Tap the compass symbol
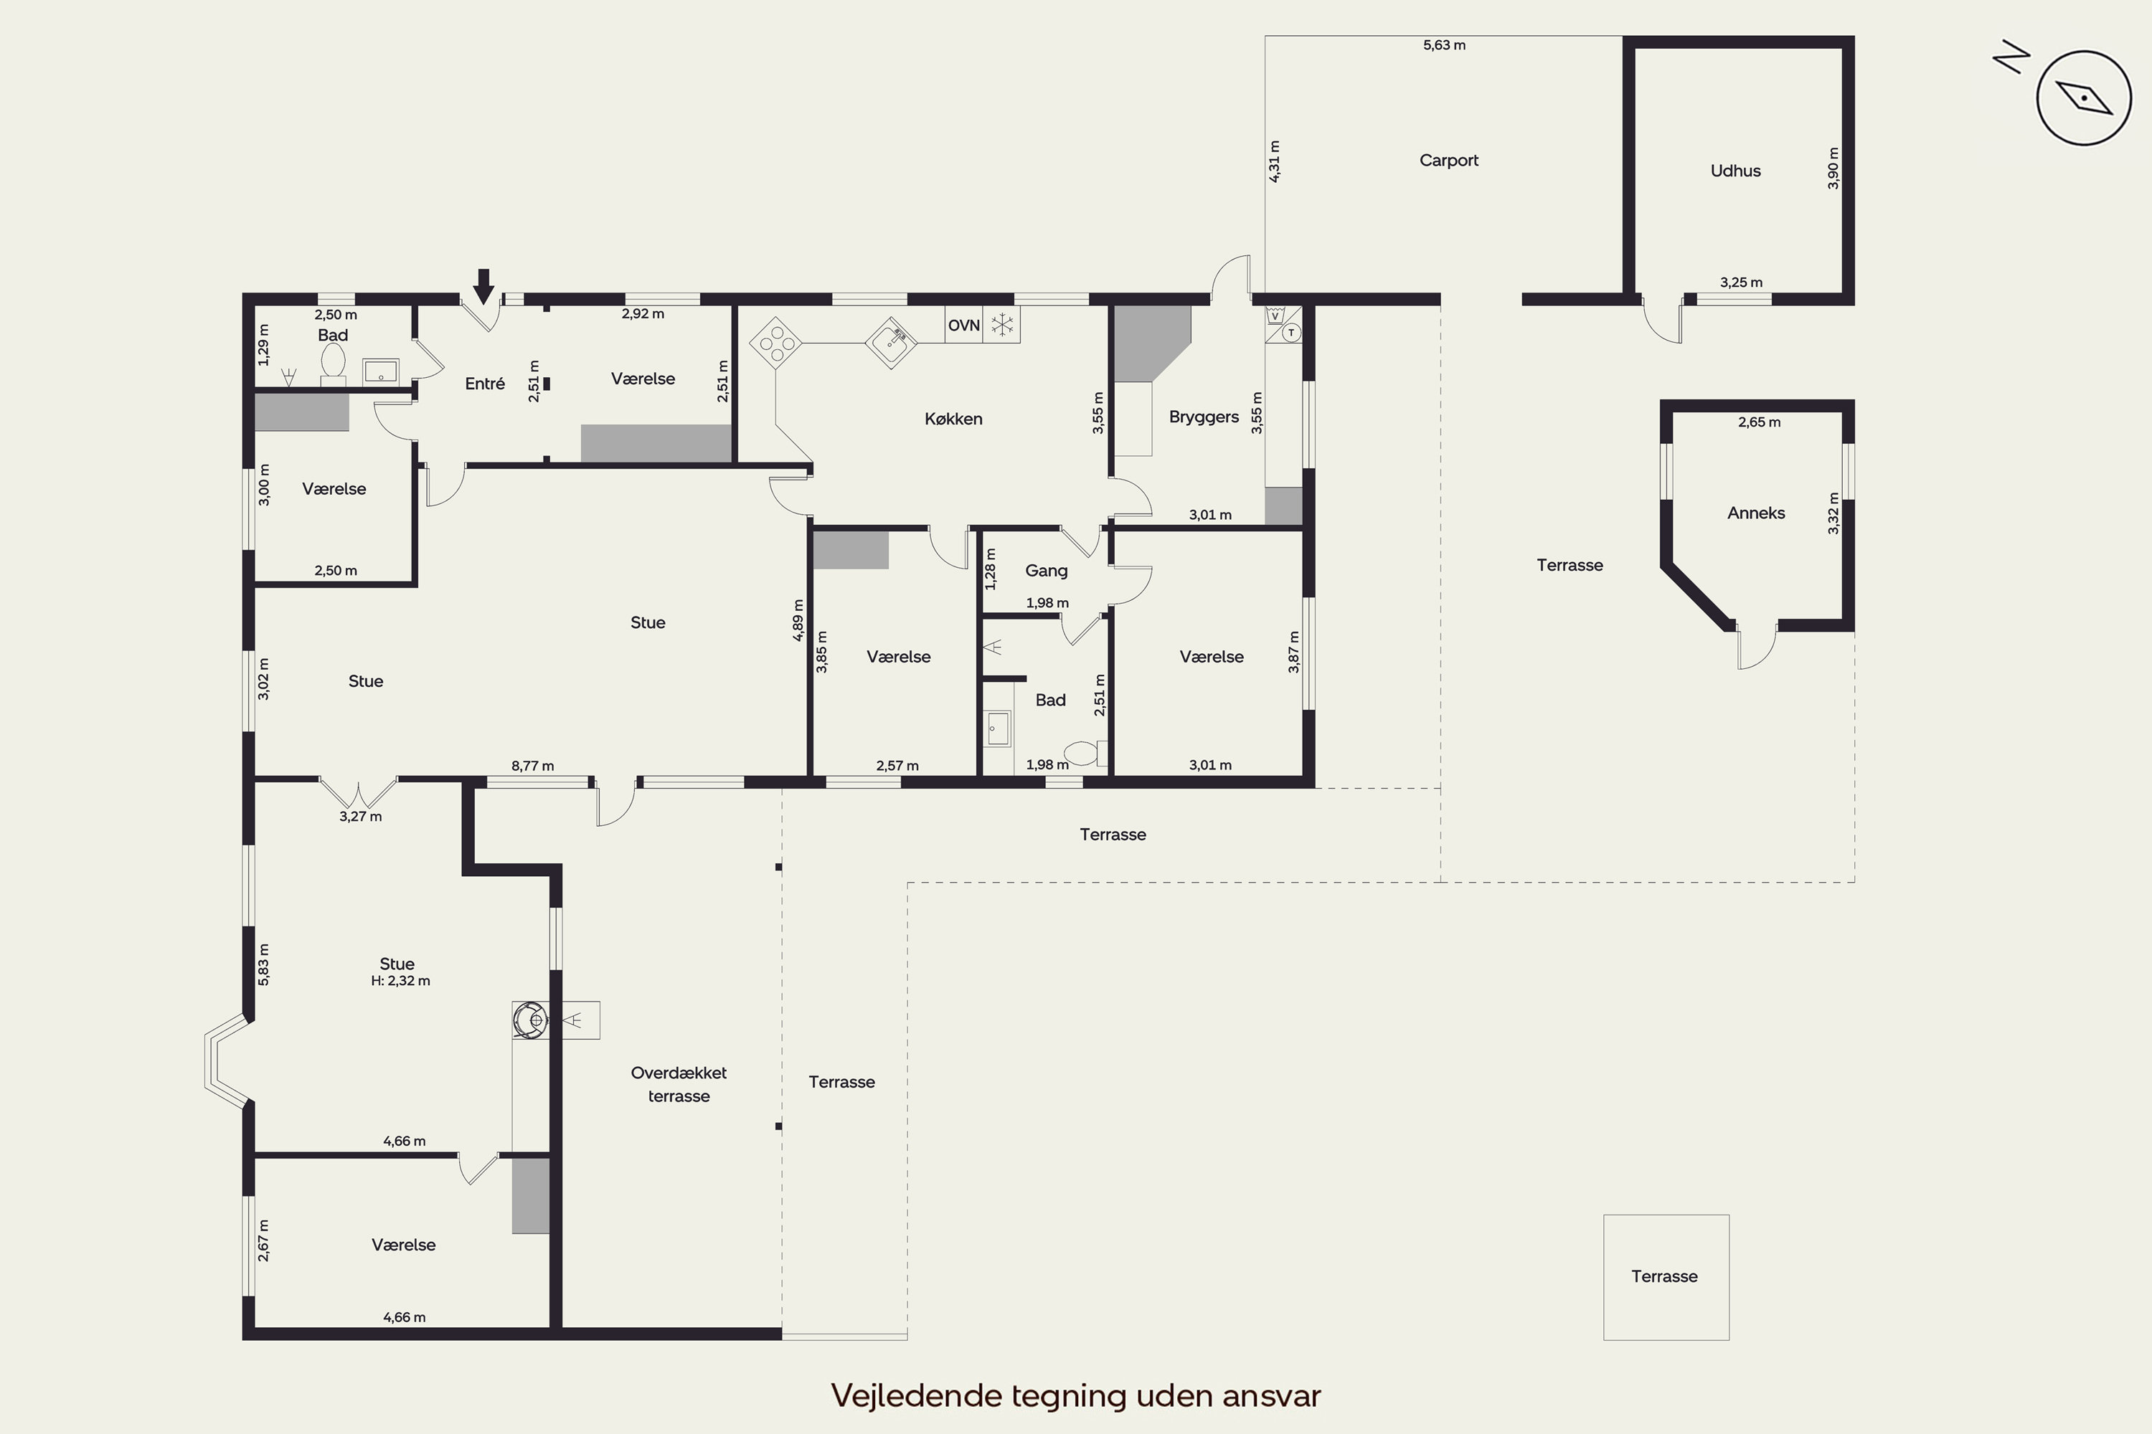click(x=2083, y=97)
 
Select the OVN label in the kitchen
click(x=963, y=326)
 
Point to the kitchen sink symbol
click(x=891, y=343)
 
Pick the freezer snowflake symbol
click(x=1002, y=325)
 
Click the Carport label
click(x=1448, y=161)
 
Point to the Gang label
click(x=1047, y=571)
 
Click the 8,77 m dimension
click(x=532, y=766)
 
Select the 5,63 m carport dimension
click(x=1444, y=44)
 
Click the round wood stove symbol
click(x=530, y=1020)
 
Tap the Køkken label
click(x=953, y=419)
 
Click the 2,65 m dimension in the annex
click(x=1760, y=422)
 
